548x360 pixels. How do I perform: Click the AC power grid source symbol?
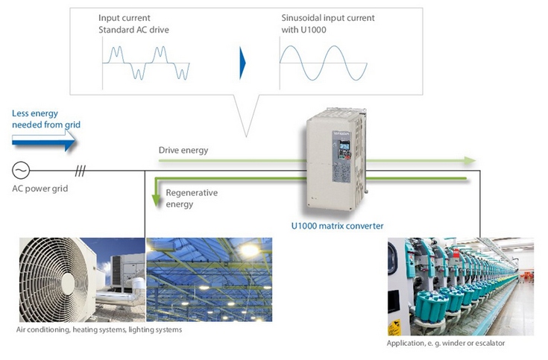21,171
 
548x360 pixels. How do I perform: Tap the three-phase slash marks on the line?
80,171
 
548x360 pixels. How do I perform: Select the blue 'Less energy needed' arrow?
44,141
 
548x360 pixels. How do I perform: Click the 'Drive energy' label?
183,151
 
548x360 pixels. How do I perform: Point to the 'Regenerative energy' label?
192,198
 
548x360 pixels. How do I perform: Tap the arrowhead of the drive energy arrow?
470,161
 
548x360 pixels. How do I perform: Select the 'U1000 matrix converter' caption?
337,226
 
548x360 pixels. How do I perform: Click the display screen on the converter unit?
344,145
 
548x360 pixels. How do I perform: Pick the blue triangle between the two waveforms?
242,63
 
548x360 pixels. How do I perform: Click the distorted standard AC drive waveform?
146,63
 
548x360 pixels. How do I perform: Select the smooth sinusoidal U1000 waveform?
324,63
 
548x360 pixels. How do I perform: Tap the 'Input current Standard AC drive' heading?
133,24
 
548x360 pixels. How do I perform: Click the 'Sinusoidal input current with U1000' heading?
328,24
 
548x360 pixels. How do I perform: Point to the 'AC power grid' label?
40,189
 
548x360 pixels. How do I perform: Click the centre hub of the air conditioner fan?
68,283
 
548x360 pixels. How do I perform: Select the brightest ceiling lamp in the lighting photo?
250,250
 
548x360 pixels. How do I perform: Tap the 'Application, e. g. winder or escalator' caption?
446,343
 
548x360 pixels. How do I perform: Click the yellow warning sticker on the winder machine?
394,327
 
